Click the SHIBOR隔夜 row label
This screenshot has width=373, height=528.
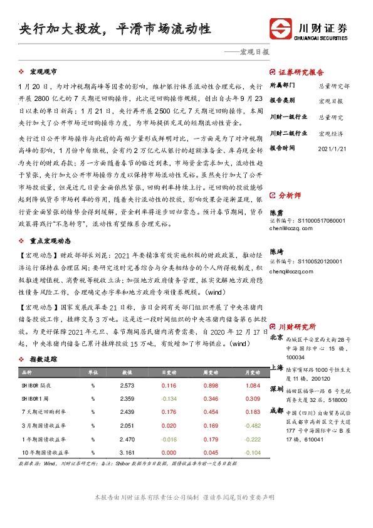[33, 385]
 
